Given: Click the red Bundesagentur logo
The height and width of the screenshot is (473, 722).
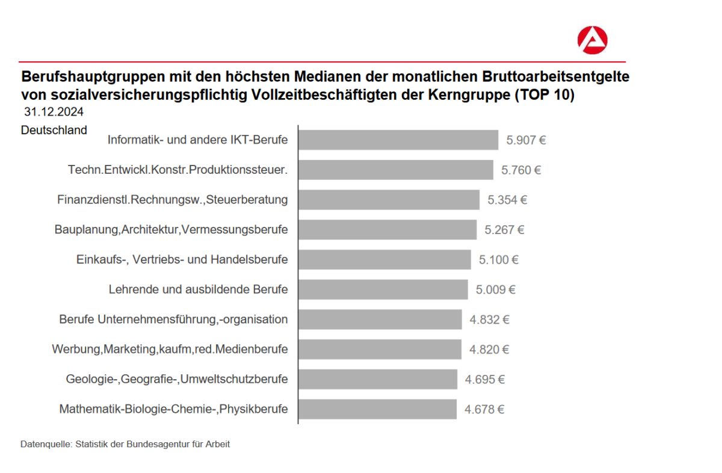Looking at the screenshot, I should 592,40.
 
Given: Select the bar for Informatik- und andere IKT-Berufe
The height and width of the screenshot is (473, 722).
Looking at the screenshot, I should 398,140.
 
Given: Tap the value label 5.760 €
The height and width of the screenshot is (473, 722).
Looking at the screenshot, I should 521,170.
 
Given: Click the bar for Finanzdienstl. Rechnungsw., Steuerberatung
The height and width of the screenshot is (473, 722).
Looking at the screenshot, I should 389,200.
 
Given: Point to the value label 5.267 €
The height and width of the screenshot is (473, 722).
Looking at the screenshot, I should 504,230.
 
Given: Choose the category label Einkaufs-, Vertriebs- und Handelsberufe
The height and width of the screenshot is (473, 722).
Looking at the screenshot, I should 182,260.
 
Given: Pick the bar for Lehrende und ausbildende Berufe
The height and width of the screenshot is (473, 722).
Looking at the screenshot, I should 383,289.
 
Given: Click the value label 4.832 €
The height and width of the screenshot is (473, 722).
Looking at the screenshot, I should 489,320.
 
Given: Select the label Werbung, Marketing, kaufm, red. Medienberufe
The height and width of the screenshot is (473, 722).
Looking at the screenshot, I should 170,349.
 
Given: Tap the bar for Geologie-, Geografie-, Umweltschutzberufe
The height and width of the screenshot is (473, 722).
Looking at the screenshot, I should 378,379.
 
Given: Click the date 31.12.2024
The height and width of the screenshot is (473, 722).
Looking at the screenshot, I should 54,113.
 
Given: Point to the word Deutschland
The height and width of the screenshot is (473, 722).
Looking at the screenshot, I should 54,130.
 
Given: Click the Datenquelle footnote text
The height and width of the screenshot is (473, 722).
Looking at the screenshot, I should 125,445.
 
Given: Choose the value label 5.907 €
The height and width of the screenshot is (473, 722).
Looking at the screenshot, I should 526,141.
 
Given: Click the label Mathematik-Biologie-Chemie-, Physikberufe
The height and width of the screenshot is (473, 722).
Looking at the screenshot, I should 173,409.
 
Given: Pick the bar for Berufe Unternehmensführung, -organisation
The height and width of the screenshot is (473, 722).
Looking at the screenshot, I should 380,320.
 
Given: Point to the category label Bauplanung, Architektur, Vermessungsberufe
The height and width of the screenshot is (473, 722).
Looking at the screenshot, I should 171,230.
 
